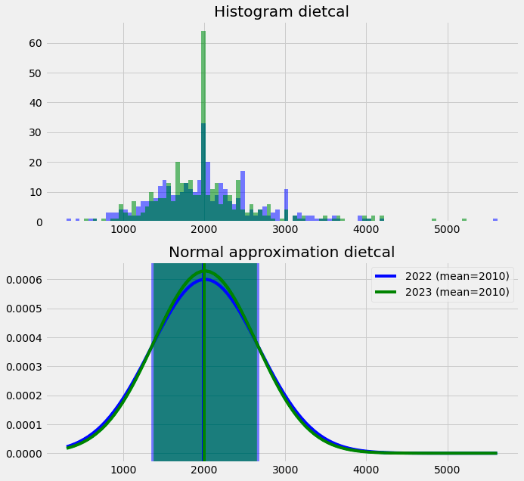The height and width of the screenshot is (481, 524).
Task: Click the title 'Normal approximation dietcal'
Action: pos(281,252)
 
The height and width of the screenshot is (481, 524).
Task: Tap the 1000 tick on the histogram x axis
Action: pos(123,230)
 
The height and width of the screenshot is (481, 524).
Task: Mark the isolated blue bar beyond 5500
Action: pos(495,220)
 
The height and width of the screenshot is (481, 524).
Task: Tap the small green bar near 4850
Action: pos(434,220)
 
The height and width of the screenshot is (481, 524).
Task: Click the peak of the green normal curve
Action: pos(203,271)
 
